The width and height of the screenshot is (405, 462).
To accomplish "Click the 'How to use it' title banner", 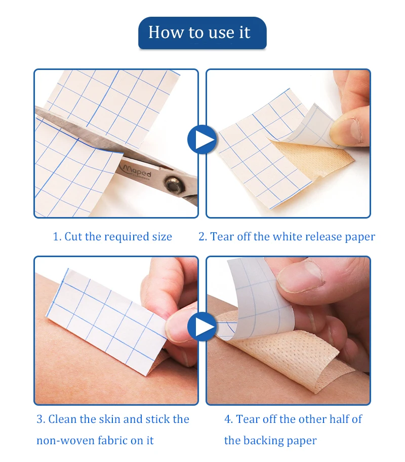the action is click(202, 32).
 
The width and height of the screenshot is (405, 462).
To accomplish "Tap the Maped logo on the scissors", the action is click(137, 171).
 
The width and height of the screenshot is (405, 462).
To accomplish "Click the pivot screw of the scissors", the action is click(172, 185).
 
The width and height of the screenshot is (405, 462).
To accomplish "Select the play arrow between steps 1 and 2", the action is click(202, 139).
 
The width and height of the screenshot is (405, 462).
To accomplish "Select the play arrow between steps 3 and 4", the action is click(202, 327).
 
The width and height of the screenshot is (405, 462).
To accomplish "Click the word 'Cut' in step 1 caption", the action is click(73, 237).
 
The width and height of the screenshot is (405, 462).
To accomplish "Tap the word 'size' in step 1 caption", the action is click(162, 237).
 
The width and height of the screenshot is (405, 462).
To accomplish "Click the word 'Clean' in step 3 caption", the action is click(62, 419).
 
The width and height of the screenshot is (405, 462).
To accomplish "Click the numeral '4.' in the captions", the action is click(228, 419).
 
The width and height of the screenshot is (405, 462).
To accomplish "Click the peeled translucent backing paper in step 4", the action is click(259, 298).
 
